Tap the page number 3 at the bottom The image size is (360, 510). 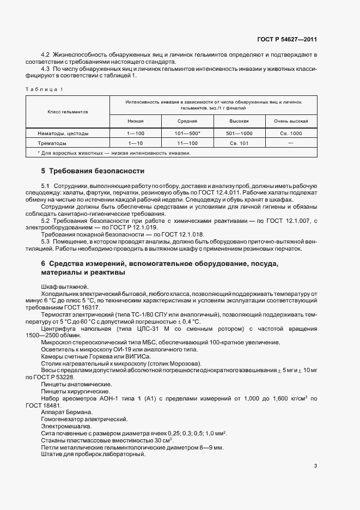(315, 466)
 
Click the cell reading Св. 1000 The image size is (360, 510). (291, 133)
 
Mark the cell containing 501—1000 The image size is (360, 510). (239, 133)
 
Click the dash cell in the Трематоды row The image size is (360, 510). (291, 143)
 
